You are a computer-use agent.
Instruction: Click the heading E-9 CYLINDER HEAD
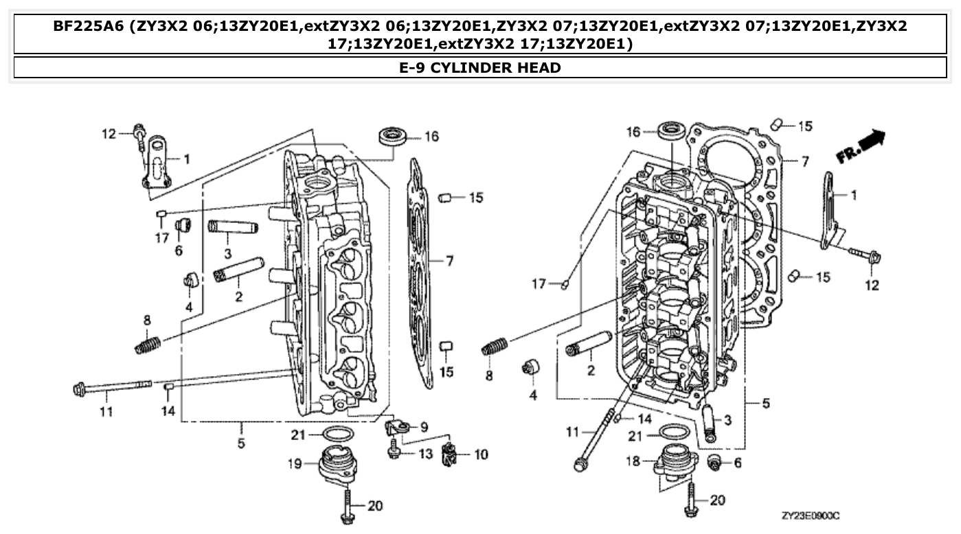point(480,67)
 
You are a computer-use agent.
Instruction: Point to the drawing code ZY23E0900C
point(811,515)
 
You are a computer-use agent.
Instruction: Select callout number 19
point(295,463)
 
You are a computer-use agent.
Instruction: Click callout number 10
point(481,454)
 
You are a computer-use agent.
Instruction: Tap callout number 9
point(423,426)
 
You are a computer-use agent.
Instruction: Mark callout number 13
point(425,453)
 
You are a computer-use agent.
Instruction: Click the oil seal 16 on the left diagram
point(393,135)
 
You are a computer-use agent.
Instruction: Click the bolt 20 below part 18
point(690,500)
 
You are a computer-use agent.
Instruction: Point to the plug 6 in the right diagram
point(714,464)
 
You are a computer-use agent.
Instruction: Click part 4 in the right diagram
point(531,367)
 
